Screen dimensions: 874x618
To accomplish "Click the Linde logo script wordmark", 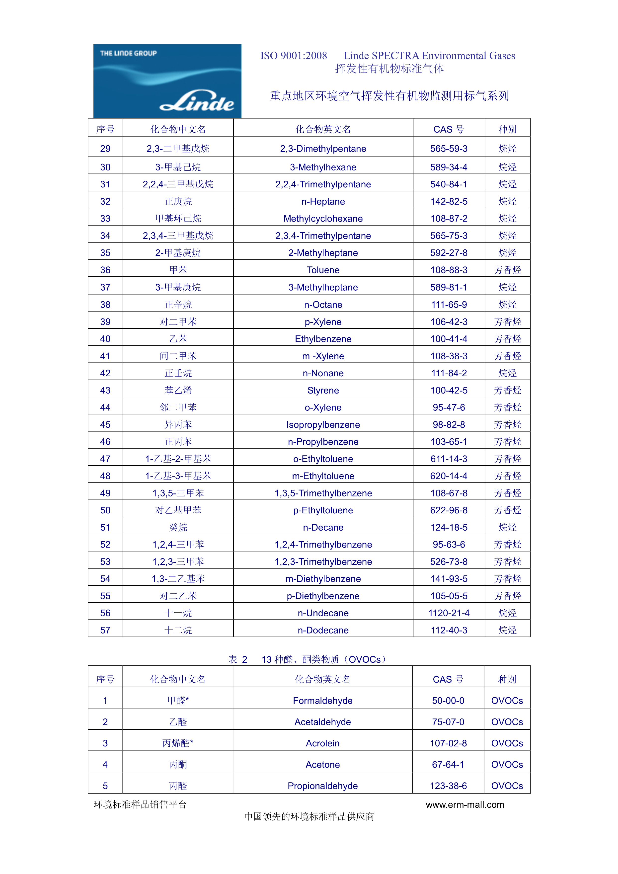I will click(197, 101).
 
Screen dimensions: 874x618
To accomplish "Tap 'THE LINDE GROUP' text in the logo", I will click(128, 53).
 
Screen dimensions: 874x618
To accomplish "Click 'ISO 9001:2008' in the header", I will click(293, 56).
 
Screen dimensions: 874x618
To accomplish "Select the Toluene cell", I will click(323, 270).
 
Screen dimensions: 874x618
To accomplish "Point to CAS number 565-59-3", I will click(449, 149).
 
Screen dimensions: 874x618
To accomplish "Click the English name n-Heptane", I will click(323, 201).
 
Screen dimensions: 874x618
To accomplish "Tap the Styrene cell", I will click(323, 390).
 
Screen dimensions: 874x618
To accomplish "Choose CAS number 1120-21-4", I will click(449, 613).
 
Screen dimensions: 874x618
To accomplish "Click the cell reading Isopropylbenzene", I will click(323, 424).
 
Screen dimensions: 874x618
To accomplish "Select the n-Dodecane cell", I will click(323, 630).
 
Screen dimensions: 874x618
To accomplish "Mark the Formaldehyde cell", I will click(323, 700).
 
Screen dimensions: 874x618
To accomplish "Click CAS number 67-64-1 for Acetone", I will click(448, 764).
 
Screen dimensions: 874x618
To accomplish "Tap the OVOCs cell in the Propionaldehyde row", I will click(507, 786).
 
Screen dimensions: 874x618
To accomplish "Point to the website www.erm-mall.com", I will click(465, 804).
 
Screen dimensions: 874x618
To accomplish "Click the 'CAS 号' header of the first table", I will click(449, 129).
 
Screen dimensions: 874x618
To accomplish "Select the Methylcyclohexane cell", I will click(323, 219).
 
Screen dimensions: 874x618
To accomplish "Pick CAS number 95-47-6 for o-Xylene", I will click(449, 407).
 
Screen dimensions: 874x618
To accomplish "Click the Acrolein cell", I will click(323, 743).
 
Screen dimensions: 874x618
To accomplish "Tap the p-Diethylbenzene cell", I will click(323, 596).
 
